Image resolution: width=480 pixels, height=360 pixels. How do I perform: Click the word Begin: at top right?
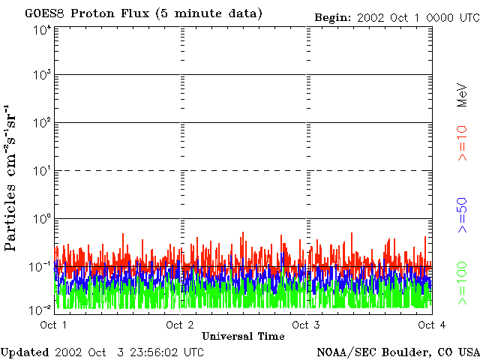[335, 16]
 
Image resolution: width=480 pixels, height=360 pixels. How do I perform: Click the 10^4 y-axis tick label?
[42, 29]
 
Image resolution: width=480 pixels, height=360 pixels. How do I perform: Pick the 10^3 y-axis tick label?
[42, 75]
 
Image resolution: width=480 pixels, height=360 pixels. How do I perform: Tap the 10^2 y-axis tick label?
[42, 122]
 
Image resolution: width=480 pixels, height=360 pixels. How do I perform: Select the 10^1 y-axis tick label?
[42, 170]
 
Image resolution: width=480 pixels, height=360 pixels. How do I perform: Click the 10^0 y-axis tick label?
[42, 218]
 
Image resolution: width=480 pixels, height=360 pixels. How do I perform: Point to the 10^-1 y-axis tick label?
[42, 266]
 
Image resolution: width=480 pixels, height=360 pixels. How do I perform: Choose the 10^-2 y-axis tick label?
[42, 308]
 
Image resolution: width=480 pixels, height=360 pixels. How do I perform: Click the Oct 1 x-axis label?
[54, 325]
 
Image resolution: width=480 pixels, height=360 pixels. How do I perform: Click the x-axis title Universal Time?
[243, 337]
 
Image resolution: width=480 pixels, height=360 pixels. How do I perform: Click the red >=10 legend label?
[462, 144]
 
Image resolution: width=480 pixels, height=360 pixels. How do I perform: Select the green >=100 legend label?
[462, 282]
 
